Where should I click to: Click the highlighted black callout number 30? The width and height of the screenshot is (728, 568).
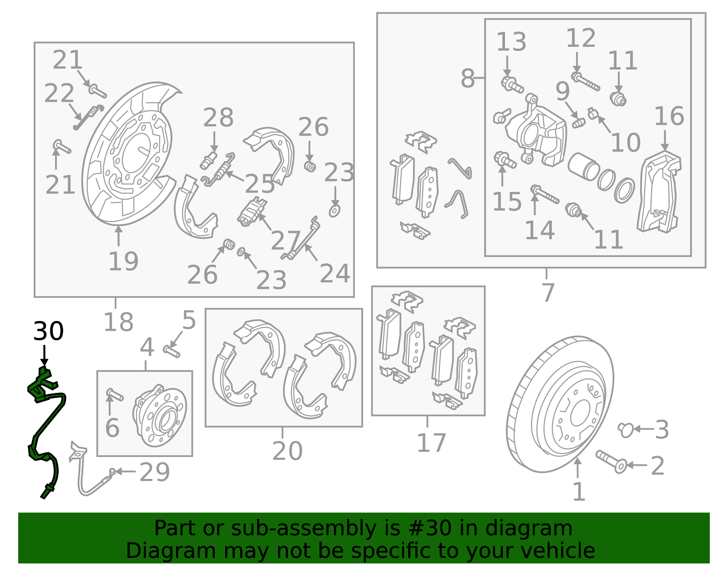click(48, 332)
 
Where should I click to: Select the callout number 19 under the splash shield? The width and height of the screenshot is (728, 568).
click(123, 262)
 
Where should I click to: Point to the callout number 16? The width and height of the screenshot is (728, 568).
click(669, 116)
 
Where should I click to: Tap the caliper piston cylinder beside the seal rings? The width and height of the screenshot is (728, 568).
click(584, 166)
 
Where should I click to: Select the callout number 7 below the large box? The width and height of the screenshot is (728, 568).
click(548, 292)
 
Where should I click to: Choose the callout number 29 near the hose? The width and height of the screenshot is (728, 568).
click(155, 472)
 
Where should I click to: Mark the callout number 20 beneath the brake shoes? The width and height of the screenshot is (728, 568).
click(287, 451)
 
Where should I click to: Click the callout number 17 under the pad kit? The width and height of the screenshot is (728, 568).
click(431, 443)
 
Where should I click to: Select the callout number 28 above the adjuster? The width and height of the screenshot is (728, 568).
click(218, 118)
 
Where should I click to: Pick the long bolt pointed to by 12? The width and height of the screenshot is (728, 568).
click(586, 82)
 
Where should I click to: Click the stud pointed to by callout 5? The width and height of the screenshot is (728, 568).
click(172, 351)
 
